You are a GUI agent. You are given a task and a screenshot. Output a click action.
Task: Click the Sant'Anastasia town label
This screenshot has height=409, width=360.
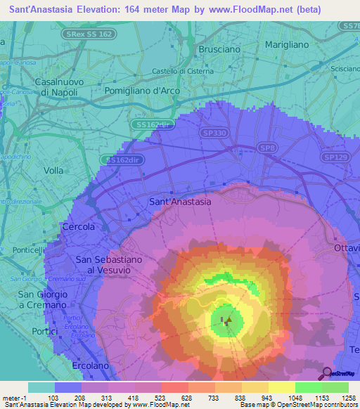tap(180, 202)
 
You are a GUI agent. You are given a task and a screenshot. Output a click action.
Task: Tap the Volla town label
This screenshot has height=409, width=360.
tap(53, 170)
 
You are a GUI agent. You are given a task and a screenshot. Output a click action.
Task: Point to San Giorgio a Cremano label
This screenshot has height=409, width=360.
tap(42, 299)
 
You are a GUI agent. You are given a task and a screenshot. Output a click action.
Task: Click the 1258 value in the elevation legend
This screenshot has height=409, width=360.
tap(347, 398)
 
